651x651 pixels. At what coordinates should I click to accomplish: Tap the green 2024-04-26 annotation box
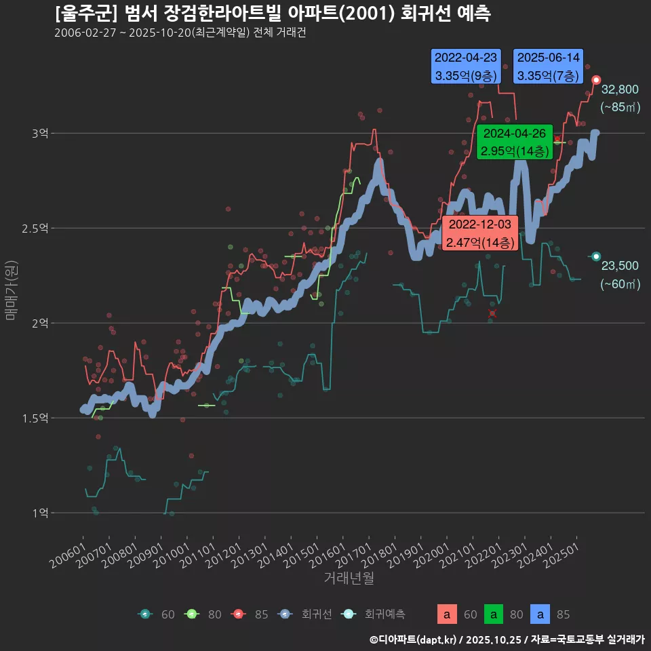coord(515,142)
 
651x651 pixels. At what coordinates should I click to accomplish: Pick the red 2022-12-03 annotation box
coord(480,233)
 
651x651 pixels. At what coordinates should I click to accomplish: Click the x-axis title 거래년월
coord(349,578)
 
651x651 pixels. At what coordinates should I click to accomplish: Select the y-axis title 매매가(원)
coord(12,290)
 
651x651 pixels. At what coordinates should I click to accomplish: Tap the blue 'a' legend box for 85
coord(540,614)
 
